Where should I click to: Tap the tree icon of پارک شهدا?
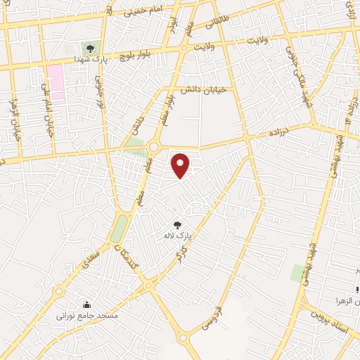(x=89, y=48)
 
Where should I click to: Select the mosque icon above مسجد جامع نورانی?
(x=86, y=304)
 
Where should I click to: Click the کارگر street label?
(x=181, y=252)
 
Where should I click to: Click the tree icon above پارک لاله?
(x=186, y=224)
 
